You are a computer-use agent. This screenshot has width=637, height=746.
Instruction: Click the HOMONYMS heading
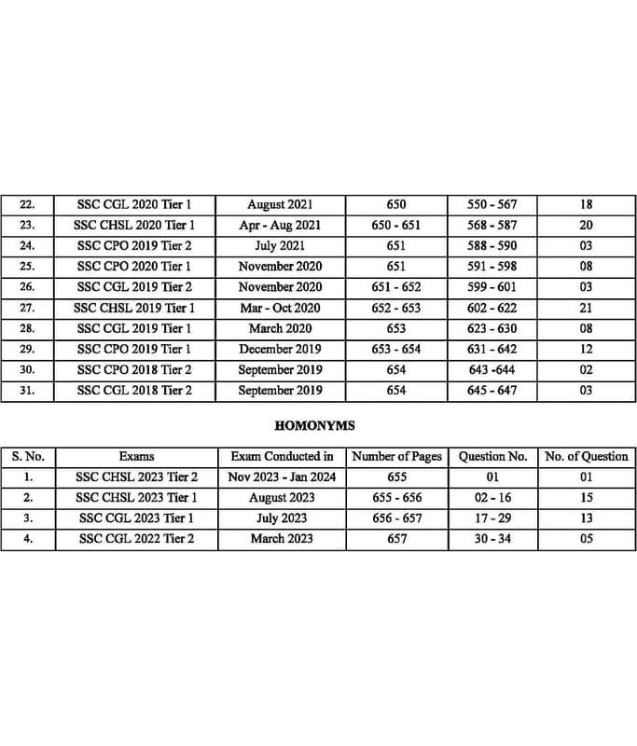click(314, 425)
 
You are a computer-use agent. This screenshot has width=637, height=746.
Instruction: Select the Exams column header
click(137, 457)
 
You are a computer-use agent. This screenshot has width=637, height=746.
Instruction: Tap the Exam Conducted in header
click(282, 457)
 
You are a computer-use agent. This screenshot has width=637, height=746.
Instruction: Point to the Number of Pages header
click(396, 457)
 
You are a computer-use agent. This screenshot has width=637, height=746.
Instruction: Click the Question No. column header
click(493, 457)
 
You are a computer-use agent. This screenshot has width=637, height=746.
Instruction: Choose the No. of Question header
click(587, 457)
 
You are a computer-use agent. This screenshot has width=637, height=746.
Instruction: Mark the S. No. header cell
click(29, 457)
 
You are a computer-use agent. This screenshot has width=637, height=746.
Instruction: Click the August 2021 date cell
click(280, 204)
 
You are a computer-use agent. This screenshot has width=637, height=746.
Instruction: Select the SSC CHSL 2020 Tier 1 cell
click(134, 225)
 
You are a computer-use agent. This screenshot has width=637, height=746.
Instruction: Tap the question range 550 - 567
click(492, 204)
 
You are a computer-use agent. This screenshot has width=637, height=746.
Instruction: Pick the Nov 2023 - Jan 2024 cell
click(282, 477)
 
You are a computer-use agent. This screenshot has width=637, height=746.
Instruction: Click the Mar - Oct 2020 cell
click(280, 308)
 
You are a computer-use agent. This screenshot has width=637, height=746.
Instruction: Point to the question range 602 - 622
click(492, 308)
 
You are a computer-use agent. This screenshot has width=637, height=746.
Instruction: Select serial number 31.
click(27, 391)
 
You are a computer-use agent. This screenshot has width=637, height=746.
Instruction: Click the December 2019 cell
click(280, 350)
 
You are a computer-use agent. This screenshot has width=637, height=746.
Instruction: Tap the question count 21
click(587, 308)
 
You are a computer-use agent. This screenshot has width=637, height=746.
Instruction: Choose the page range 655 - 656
click(396, 498)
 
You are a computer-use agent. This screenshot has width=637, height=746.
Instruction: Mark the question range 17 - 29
click(492, 518)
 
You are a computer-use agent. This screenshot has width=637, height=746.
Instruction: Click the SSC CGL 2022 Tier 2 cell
click(137, 539)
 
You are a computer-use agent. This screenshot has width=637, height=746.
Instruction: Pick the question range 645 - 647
click(492, 391)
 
